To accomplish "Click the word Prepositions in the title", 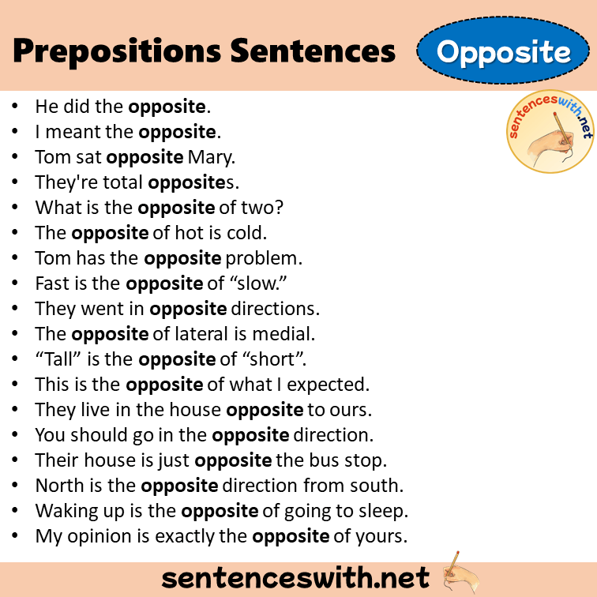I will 116,51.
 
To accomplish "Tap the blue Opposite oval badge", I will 504,52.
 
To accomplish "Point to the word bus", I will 318,460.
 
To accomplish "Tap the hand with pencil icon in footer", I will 462,574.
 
